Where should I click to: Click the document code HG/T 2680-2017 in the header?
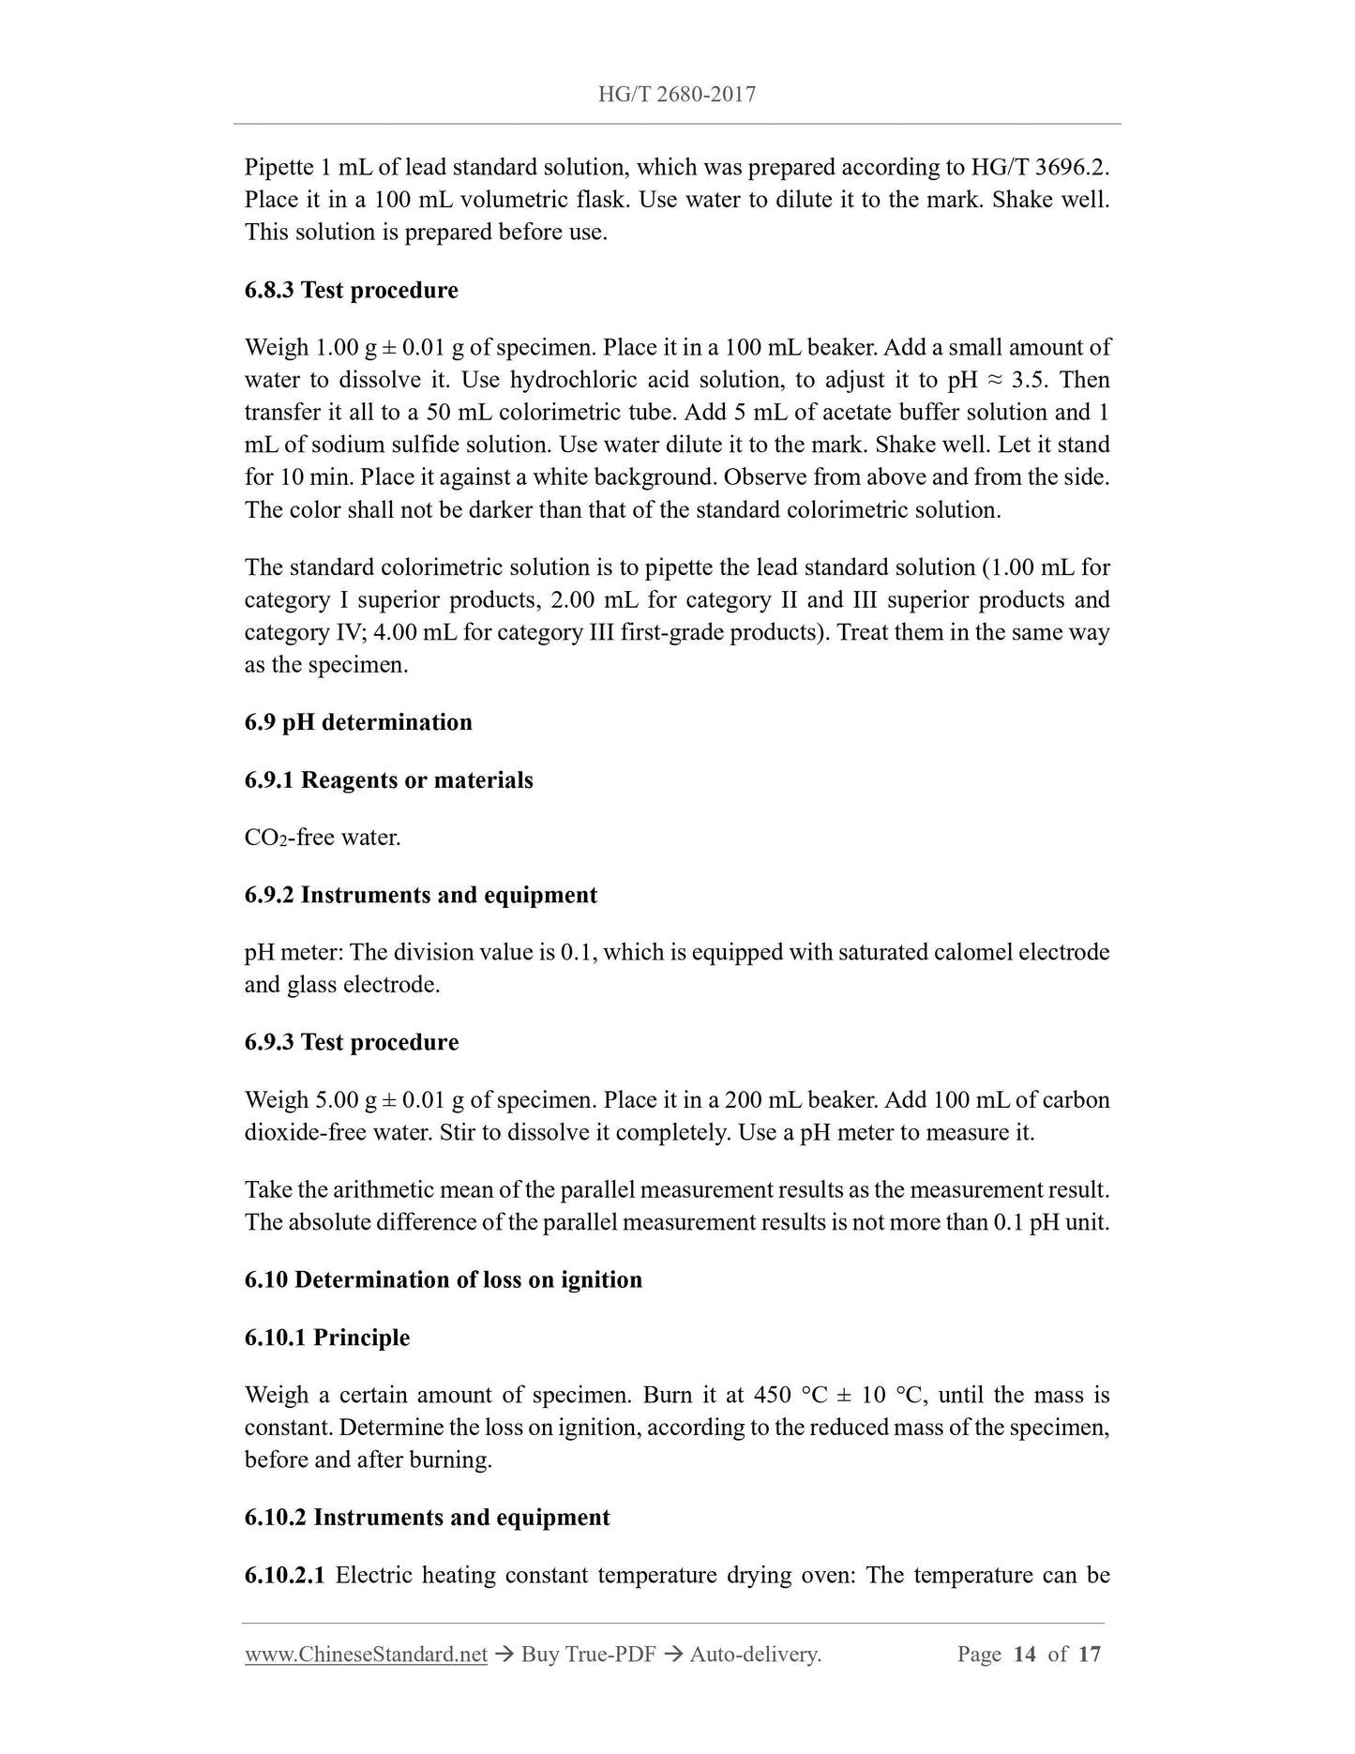point(677,94)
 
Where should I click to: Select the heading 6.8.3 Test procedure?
point(352,291)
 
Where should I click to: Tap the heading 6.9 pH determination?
point(358,722)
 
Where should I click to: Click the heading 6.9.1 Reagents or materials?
point(388,780)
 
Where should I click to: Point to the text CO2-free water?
point(323,838)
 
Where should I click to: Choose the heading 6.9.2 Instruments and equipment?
point(420,895)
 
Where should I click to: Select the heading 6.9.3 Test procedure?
point(352,1042)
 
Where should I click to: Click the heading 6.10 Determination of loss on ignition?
point(444,1280)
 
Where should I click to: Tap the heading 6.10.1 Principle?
point(327,1338)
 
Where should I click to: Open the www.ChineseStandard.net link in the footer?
point(366,1655)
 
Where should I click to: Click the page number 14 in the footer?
point(1024,1655)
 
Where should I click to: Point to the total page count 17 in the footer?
point(1089,1655)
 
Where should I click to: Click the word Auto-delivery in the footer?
point(755,1655)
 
